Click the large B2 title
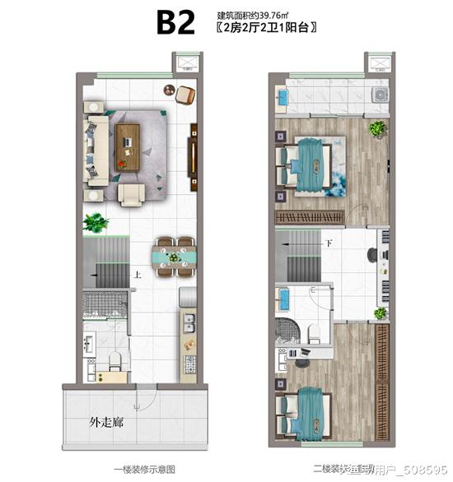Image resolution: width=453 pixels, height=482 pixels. point(175,22)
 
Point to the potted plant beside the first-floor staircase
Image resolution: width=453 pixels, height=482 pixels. point(97,221)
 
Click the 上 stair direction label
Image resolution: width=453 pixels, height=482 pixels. point(138,276)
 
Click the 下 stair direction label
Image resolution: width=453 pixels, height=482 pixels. point(329,244)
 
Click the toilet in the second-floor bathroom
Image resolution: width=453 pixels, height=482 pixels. point(313,330)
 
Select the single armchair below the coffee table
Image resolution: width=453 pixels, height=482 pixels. point(132,192)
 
